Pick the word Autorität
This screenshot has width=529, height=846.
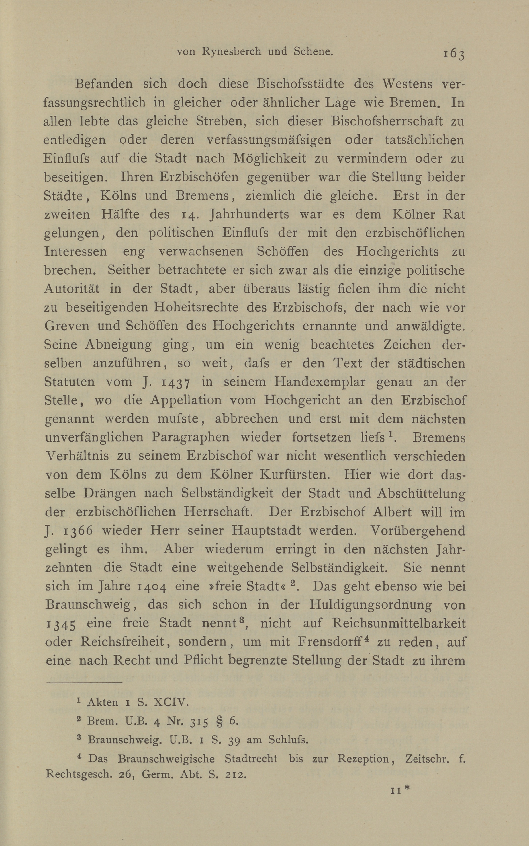click(72, 289)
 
